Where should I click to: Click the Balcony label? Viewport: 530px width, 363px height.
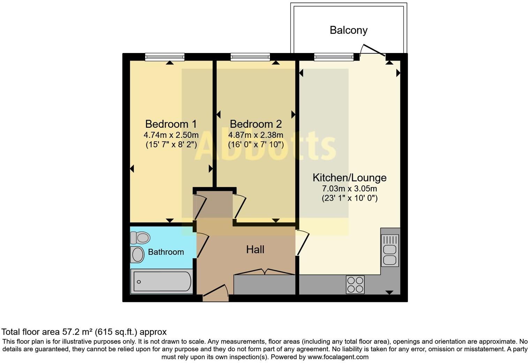[x=348, y=30]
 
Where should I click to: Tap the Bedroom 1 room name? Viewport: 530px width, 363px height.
[x=171, y=124]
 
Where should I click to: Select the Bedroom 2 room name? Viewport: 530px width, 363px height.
[x=256, y=124]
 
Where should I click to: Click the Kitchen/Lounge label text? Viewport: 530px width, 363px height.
[x=349, y=178]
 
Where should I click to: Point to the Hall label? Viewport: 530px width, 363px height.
[x=255, y=250]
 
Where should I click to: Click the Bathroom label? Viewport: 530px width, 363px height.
[x=166, y=252]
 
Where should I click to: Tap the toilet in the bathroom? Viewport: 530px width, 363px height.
[x=141, y=238]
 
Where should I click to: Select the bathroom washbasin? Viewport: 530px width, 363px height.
[x=137, y=255]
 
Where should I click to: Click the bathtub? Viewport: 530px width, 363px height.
[x=161, y=281]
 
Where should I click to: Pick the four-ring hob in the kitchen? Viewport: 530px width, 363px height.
[x=355, y=284]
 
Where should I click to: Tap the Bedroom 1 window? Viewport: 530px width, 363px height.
[x=165, y=57]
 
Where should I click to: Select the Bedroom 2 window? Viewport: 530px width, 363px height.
[x=250, y=57]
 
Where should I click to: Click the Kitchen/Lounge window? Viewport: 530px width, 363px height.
[x=334, y=57]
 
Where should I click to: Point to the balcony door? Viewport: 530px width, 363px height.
[x=372, y=51]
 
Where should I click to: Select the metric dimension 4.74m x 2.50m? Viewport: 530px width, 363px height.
[x=171, y=135]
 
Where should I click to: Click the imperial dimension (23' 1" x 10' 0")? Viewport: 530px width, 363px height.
[x=349, y=198]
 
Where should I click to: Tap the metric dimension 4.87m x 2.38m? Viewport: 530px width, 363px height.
[x=256, y=135]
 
